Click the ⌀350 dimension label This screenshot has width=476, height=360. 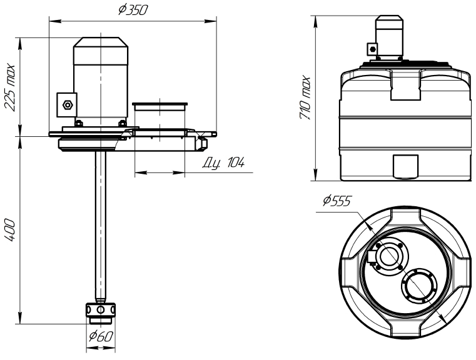[133, 10]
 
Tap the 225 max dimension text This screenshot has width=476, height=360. [9, 87]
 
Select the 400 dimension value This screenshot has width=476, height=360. [9, 230]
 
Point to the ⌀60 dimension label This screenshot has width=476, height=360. [101, 336]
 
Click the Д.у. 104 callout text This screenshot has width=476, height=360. [223, 163]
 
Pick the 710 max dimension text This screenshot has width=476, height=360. [305, 98]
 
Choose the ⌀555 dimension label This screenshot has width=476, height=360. [337, 201]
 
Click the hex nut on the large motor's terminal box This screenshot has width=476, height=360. [67, 105]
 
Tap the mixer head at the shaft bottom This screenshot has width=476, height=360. [101, 311]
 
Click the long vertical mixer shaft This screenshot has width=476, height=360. [100, 226]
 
